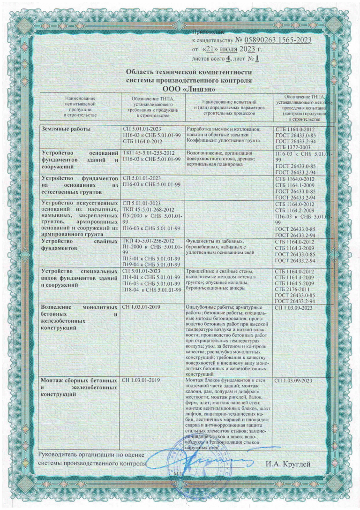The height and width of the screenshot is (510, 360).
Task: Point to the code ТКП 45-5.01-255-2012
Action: [x=149, y=153]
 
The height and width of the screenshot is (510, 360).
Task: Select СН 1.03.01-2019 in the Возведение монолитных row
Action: [x=142, y=307]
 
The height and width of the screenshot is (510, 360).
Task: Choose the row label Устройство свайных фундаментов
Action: [x=79, y=244]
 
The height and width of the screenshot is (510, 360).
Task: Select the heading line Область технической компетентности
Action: [x=189, y=72]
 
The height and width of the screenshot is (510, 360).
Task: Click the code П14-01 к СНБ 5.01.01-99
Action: [x=151, y=277]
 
